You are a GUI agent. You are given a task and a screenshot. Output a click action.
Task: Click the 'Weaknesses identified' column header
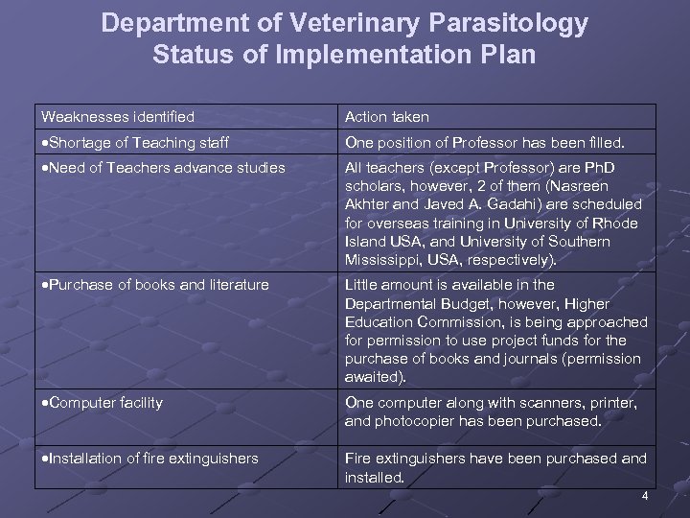118,117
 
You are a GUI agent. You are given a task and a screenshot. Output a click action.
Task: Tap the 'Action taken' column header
387,117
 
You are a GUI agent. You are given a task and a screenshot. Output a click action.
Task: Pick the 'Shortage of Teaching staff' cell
135,143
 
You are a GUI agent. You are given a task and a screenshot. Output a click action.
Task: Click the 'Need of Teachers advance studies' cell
163,168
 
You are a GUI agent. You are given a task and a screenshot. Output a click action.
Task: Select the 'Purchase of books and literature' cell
155,285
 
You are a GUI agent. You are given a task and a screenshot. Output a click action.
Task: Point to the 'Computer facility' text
105,403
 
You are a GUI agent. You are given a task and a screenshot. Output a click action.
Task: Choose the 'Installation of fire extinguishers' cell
149,459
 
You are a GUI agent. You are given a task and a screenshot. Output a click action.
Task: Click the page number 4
645,495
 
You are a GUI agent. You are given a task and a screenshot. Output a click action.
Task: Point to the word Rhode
625,224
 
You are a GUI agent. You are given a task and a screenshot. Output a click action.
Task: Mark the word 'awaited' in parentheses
375,378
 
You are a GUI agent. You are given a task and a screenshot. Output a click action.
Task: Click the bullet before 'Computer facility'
44,404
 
